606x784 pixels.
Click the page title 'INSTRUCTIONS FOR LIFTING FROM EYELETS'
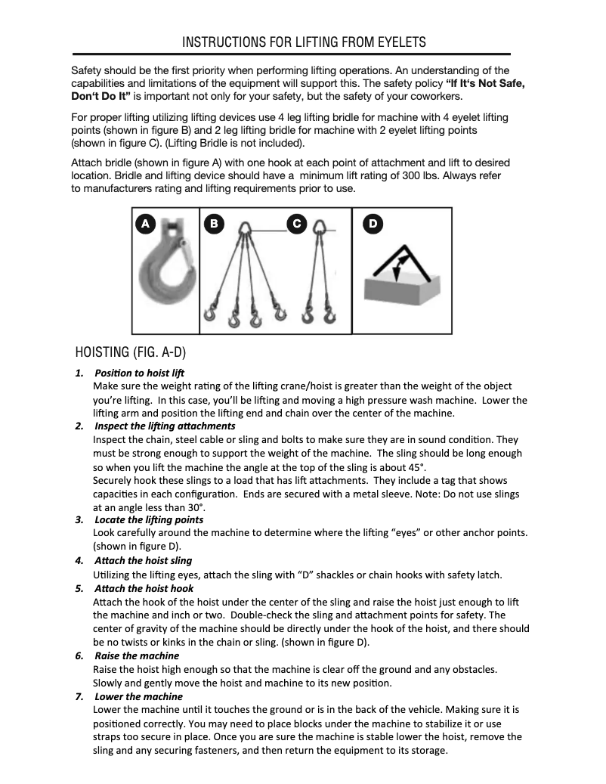coord(304,42)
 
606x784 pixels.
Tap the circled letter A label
coord(146,223)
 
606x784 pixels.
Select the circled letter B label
coord(215,223)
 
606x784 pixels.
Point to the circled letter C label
coord(297,223)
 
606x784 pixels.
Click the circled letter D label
coord(373,223)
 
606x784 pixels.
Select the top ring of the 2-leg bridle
coord(320,226)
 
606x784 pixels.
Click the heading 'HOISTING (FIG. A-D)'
coord(131,353)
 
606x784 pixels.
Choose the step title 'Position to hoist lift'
coord(139,373)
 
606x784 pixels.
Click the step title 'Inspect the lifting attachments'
coord(165,426)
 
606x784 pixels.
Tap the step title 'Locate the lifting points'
coord(149,520)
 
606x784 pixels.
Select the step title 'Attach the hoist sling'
coord(143,561)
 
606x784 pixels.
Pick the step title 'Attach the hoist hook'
coord(144,588)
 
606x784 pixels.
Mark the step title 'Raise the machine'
coord(137,655)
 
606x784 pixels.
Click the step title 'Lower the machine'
coord(138,696)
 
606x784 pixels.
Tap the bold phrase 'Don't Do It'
coord(100,97)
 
